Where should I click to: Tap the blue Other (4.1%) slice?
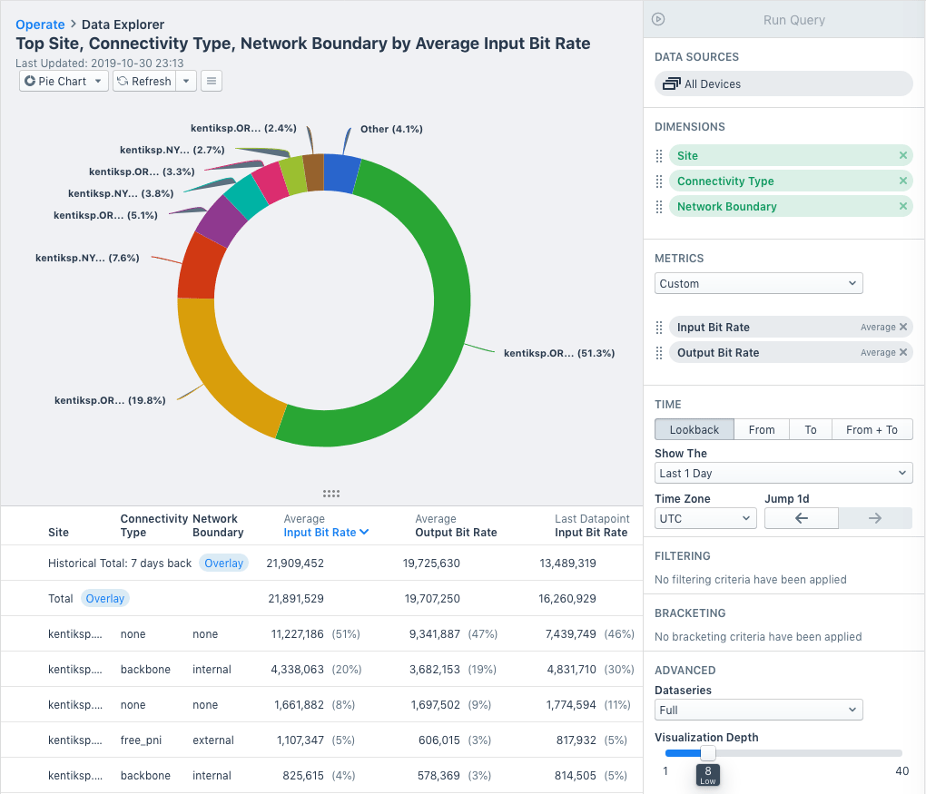click(340, 172)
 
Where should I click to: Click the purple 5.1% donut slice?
click(221, 221)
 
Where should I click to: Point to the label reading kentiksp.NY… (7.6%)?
click(87, 258)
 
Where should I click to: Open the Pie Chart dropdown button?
click(64, 81)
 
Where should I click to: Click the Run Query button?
click(793, 19)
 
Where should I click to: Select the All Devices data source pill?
click(783, 83)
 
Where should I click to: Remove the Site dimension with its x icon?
click(902, 155)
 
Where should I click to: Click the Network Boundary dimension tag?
click(726, 206)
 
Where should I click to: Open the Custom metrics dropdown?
click(758, 283)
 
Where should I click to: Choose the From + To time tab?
click(871, 429)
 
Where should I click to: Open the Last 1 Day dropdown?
click(783, 473)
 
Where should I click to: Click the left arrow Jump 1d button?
click(801, 518)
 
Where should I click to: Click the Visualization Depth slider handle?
click(708, 752)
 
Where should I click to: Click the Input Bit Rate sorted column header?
click(325, 533)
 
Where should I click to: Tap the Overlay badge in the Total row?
click(105, 599)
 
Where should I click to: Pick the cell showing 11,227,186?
click(297, 634)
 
